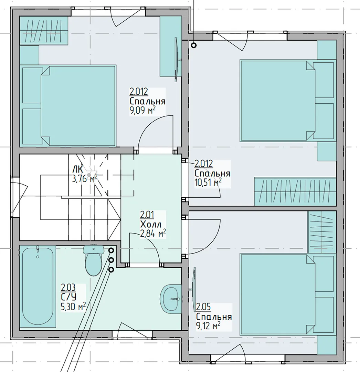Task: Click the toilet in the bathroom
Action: click(x=94, y=260)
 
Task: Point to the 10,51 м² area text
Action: click(x=208, y=183)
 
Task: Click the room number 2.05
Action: click(x=203, y=307)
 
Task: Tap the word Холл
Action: click(x=151, y=224)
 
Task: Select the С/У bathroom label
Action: click(x=68, y=297)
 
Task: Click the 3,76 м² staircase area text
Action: click(x=85, y=178)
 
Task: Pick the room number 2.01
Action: click(x=147, y=215)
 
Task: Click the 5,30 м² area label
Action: click(x=73, y=307)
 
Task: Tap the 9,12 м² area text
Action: click(x=208, y=326)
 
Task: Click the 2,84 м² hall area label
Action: click(x=153, y=234)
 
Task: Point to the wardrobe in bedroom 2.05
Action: click(x=322, y=232)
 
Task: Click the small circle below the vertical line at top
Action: click(x=194, y=45)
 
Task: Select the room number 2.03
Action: click(x=68, y=288)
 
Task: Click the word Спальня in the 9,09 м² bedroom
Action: click(x=147, y=101)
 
